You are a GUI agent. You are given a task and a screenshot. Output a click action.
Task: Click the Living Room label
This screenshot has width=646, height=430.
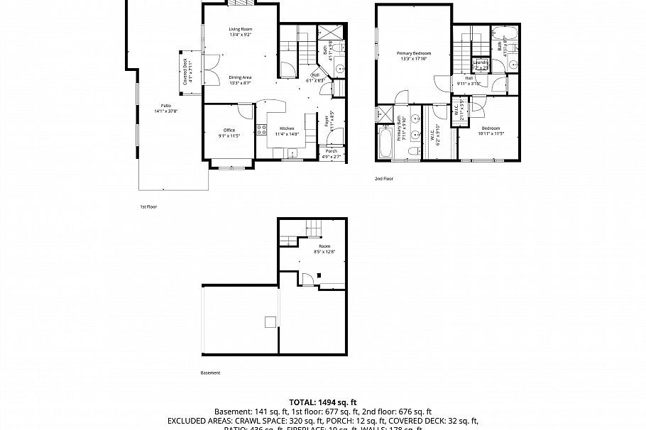[241, 28]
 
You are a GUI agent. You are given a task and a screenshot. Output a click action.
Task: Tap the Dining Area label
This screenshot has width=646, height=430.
[240, 77]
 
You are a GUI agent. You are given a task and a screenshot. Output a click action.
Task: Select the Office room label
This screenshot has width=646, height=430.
[229, 130]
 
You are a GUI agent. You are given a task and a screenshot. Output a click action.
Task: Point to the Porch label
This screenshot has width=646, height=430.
[332, 151]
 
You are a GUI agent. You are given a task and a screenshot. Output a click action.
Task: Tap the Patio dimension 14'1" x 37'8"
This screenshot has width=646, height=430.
[165, 111]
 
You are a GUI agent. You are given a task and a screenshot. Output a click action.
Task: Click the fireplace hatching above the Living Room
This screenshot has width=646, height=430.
[240, 3]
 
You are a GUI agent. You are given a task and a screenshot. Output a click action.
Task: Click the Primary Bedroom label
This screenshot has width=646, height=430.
[413, 53]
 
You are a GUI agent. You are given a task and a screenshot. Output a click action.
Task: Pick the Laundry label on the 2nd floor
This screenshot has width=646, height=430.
[481, 62]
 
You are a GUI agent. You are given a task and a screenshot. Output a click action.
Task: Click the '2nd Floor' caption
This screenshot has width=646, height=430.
[383, 179]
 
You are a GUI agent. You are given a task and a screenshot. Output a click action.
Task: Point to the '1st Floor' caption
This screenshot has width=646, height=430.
[148, 206]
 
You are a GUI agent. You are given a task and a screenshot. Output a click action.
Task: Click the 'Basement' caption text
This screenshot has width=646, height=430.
[210, 373]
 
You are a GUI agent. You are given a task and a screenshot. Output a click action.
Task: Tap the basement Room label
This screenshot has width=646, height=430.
[324, 246]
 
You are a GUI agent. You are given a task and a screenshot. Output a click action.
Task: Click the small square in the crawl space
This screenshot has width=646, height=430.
[270, 322]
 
